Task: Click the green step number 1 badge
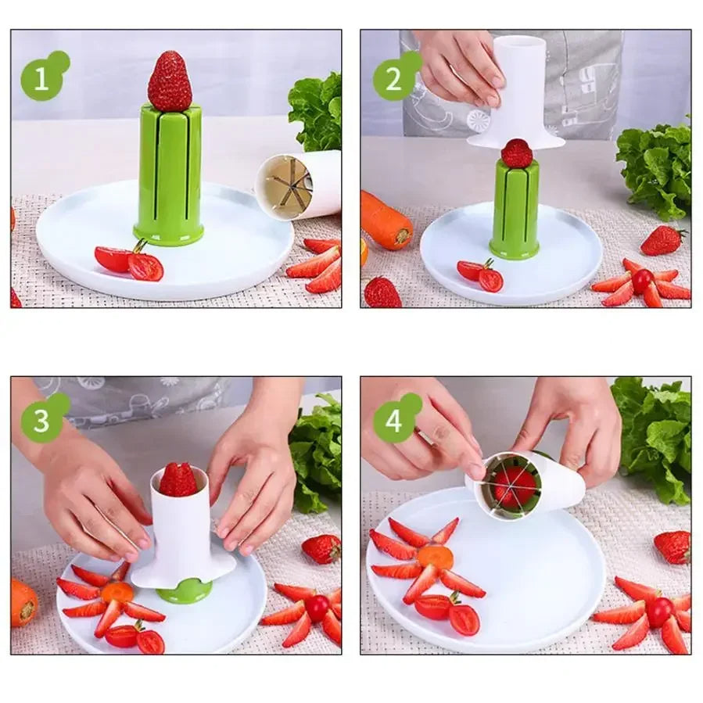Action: [41, 78]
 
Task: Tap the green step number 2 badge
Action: [393, 78]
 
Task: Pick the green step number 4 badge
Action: [393, 421]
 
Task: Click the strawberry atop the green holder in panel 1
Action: [170, 82]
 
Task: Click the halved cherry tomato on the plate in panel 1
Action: [130, 263]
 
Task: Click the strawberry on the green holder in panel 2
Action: [517, 153]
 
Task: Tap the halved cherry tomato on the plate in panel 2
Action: [480, 274]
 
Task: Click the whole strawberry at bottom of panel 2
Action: [382, 292]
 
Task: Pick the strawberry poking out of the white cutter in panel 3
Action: [178, 479]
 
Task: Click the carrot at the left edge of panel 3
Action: [23, 602]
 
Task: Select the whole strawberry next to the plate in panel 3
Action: [321, 548]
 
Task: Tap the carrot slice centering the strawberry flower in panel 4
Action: [435, 558]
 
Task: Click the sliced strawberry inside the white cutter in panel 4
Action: [514, 486]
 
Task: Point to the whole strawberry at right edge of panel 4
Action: [673, 547]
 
